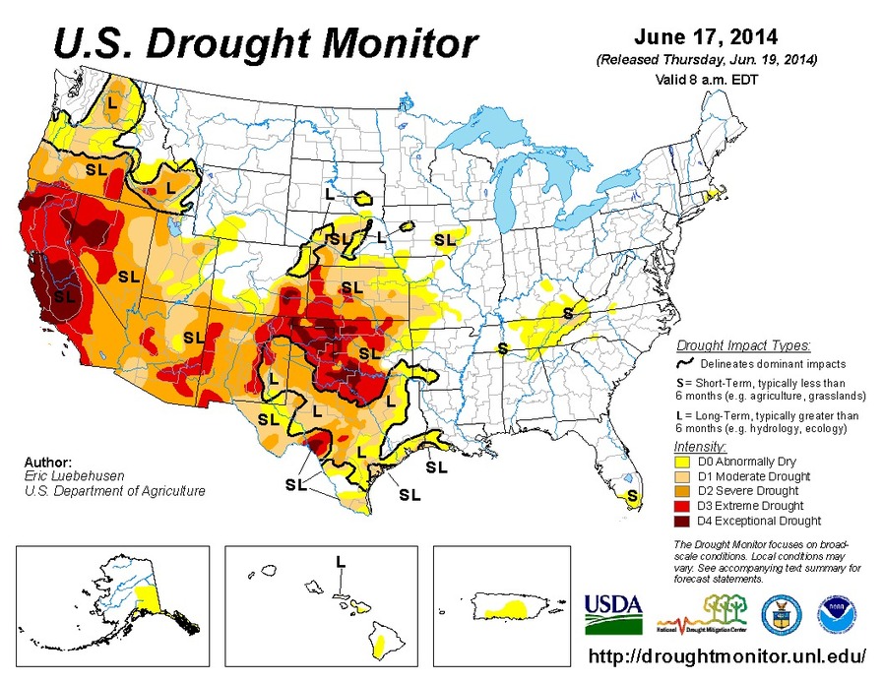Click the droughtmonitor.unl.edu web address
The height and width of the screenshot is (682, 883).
[727, 655]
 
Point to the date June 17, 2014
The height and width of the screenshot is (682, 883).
[706, 37]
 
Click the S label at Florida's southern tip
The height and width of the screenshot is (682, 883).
[631, 494]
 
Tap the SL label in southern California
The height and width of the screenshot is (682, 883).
[65, 294]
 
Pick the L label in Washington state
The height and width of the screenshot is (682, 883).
[112, 101]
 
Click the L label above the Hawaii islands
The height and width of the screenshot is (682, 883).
[340, 561]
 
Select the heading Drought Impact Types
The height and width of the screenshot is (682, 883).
[744, 345]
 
